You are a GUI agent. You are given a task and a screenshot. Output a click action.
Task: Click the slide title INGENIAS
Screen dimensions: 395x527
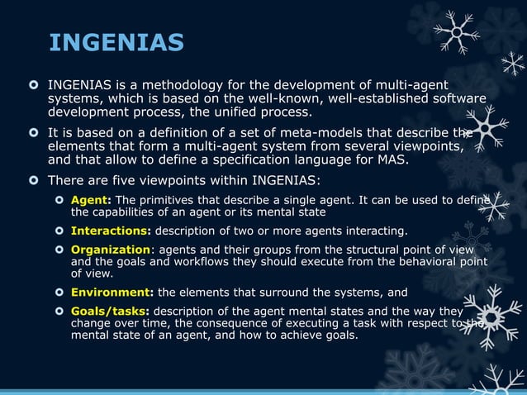tap(116, 42)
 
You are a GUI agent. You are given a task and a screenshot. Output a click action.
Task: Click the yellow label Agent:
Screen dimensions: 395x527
tap(91, 199)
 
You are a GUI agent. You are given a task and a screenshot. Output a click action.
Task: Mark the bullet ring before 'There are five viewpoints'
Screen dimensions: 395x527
tap(34, 181)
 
